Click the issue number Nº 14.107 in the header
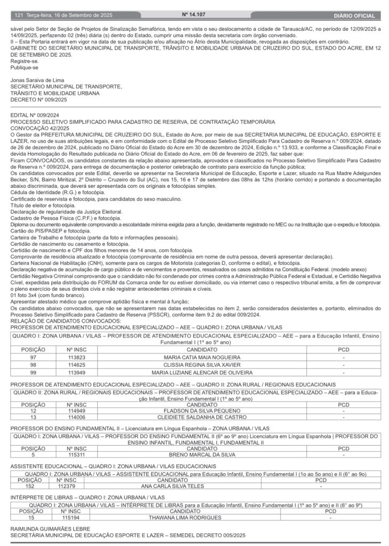click(x=194, y=15)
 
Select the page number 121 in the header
click(x=19, y=16)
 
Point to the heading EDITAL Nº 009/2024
click(x=35, y=115)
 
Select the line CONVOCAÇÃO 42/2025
click(x=40, y=128)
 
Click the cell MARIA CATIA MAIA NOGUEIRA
click(x=202, y=357)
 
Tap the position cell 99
click(x=33, y=372)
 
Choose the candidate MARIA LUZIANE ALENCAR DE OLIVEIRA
click(x=202, y=372)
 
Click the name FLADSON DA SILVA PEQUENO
click(x=202, y=411)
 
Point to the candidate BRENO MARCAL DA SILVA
click(x=202, y=455)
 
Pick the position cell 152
click(x=30, y=486)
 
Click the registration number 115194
click(x=70, y=517)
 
